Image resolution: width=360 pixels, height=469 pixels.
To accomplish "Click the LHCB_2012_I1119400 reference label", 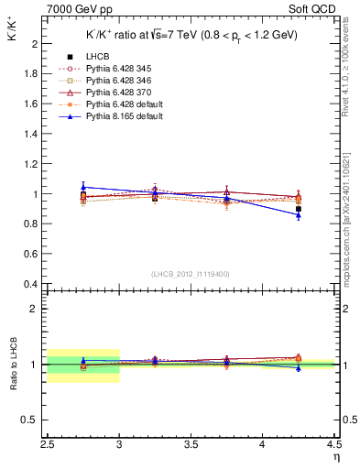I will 191,274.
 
